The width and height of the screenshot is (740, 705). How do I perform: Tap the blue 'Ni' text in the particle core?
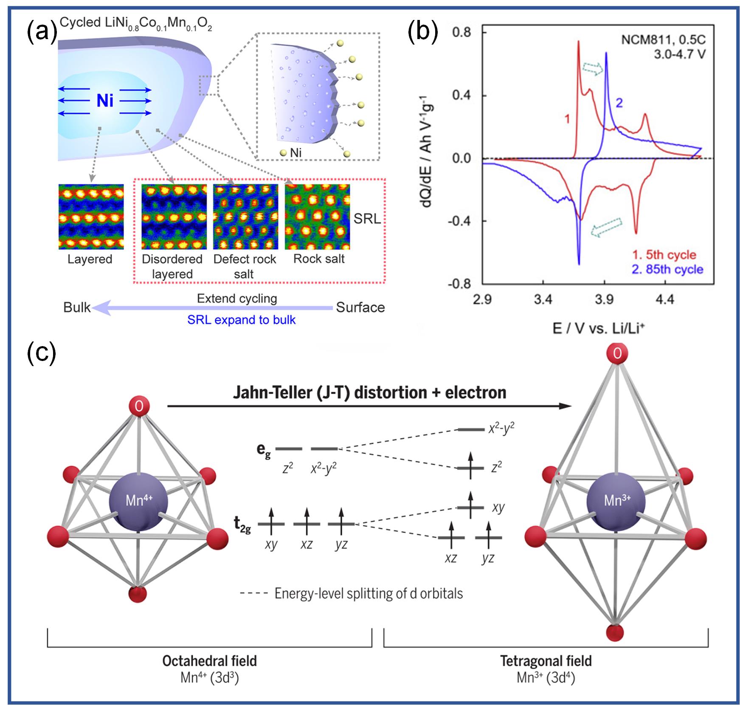tap(105, 101)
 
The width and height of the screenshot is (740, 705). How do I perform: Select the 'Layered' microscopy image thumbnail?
tap(91, 217)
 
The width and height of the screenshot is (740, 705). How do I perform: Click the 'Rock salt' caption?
tap(319, 259)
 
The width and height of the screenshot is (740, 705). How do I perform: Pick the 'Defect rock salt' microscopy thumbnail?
tap(246, 217)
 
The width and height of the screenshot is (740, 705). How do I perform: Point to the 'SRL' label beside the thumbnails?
tap(367, 219)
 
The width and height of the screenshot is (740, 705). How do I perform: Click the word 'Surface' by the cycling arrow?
tap(360, 307)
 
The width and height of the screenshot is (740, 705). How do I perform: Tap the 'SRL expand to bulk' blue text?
tap(241, 320)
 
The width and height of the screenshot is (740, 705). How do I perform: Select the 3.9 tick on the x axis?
tap(604, 300)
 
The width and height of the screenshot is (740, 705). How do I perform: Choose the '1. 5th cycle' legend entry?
tap(664, 255)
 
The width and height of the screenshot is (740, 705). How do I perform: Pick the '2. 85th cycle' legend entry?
tap(667, 269)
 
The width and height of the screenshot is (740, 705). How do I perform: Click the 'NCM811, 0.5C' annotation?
tap(663, 40)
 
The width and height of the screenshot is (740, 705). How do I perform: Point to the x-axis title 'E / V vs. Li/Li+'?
tap(599, 328)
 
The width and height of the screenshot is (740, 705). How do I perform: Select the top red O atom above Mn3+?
tap(616, 353)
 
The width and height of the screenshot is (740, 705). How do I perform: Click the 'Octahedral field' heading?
tap(210, 661)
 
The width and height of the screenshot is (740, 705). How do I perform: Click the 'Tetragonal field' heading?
tap(546, 661)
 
